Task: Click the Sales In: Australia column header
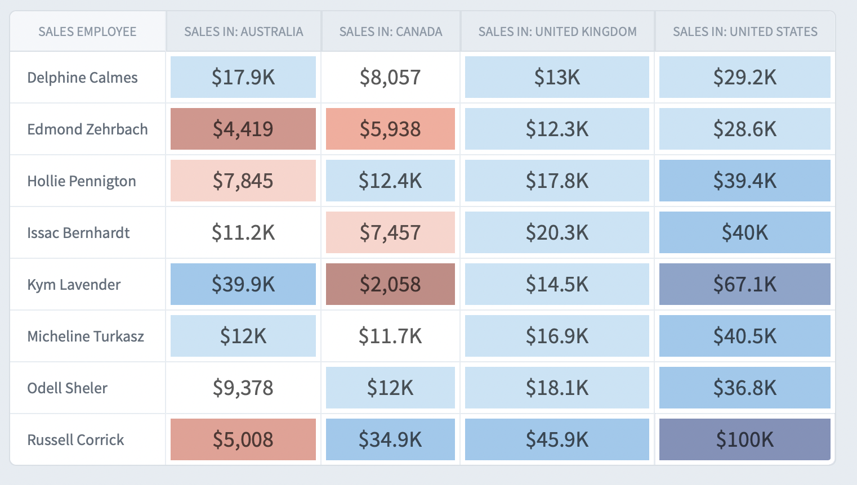243,32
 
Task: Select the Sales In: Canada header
390,32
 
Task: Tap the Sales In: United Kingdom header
557,32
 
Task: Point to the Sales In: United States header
745,32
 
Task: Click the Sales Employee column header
87,32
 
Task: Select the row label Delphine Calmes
82,78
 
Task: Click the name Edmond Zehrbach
87,129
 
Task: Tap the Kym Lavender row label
74,285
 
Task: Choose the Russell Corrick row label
75,440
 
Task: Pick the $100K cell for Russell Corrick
744,439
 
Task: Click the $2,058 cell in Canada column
390,284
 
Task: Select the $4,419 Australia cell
243,129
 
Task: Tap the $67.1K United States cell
744,284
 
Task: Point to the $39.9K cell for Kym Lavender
243,284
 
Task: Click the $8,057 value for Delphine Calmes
390,77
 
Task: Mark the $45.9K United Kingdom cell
557,439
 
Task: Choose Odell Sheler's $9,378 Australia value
243,388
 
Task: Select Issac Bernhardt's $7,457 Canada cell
390,232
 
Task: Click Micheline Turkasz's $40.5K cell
744,336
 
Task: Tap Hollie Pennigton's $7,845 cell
243,181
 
